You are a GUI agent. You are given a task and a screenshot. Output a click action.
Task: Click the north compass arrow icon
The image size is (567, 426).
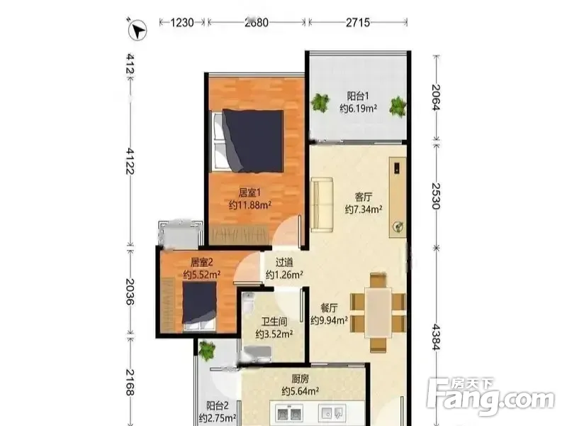(137, 29)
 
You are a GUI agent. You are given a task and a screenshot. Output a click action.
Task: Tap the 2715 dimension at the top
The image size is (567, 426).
(358, 23)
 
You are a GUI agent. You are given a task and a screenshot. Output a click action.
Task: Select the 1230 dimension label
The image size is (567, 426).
(182, 23)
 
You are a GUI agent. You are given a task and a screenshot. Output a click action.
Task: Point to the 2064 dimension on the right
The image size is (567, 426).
(436, 97)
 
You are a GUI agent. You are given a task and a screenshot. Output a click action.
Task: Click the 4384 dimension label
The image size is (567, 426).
(436, 337)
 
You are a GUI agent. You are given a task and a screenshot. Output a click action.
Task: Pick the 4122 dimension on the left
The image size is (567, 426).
(130, 160)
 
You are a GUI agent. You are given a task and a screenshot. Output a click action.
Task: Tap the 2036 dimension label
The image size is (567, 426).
(130, 292)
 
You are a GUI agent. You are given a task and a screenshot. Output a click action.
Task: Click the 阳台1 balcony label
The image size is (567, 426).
(358, 96)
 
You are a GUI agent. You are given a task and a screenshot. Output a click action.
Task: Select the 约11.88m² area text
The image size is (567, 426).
(250, 205)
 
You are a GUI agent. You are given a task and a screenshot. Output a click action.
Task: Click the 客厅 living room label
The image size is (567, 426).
(364, 197)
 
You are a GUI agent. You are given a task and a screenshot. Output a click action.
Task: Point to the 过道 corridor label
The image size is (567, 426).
(284, 262)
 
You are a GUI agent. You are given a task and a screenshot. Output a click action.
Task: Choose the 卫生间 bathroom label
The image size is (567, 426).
(274, 322)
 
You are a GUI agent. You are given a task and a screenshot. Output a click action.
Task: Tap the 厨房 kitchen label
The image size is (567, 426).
(301, 379)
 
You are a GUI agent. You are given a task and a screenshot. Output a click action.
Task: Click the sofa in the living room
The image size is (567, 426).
(322, 204)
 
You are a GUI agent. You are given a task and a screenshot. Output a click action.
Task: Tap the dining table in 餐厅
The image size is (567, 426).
(378, 312)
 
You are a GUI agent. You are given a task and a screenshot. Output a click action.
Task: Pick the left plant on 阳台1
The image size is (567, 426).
(320, 102)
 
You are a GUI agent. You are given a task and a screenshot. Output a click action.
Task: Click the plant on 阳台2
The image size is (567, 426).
(206, 350)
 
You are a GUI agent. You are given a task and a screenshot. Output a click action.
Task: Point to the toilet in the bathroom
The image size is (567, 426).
(249, 302)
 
